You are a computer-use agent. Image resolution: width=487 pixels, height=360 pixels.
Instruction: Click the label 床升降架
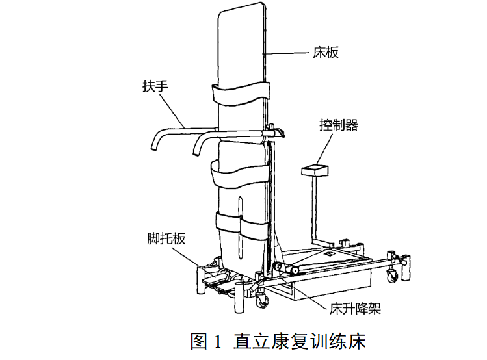click(354, 308)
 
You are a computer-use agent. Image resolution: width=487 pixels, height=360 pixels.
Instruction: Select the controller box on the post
click(315, 170)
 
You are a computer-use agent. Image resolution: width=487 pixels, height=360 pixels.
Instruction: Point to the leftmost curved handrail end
click(155, 144)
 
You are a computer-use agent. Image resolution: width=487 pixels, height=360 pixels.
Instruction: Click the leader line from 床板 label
click(286, 51)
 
